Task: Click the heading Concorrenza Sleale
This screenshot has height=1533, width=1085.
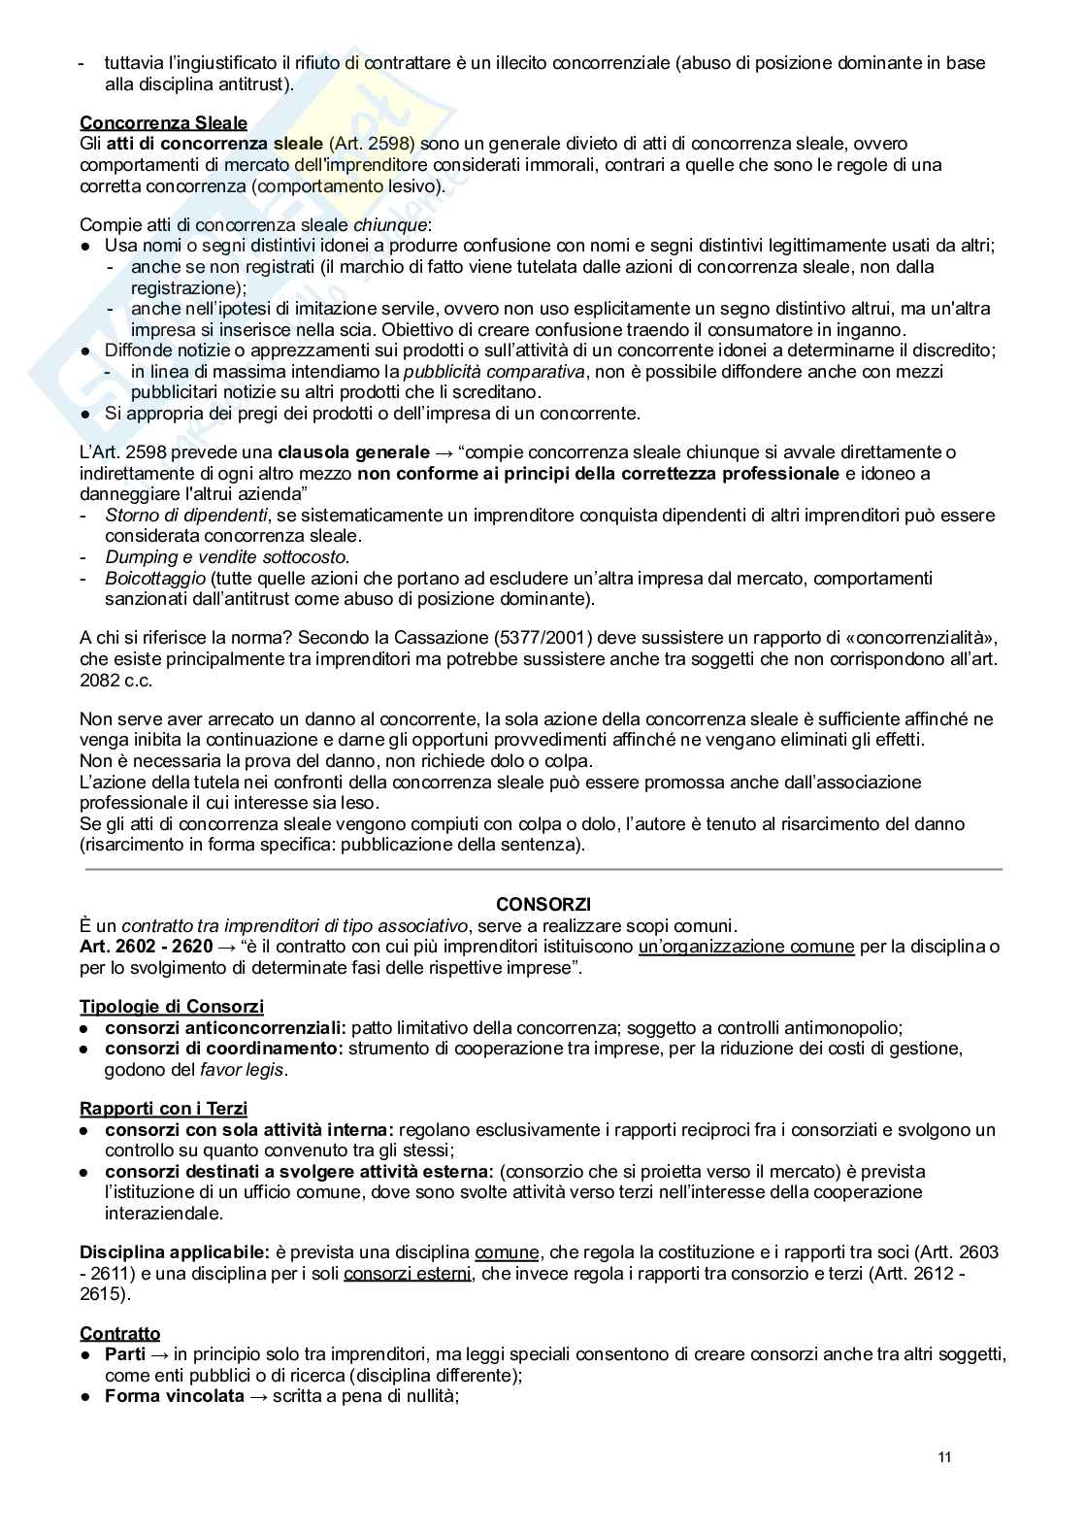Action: pos(163,123)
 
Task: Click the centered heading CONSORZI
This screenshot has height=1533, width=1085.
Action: pos(543,904)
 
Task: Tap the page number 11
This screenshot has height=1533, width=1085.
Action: pos(945,1458)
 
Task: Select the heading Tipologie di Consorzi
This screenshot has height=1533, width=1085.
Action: pos(172,1007)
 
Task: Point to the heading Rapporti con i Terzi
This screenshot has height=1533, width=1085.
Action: pos(163,1109)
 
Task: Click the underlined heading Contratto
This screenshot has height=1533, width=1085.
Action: pos(120,1333)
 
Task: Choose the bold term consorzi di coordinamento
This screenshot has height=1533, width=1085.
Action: pos(224,1049)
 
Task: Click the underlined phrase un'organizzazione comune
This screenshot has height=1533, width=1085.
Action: pos(746,947)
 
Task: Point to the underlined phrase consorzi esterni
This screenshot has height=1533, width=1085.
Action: pos(408,1274)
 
